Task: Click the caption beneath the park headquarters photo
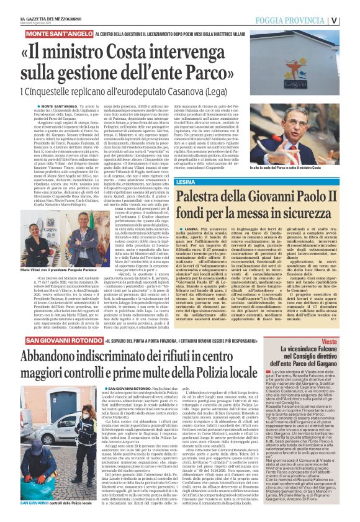coord(302,168)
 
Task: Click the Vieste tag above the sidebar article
coord(348,342)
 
